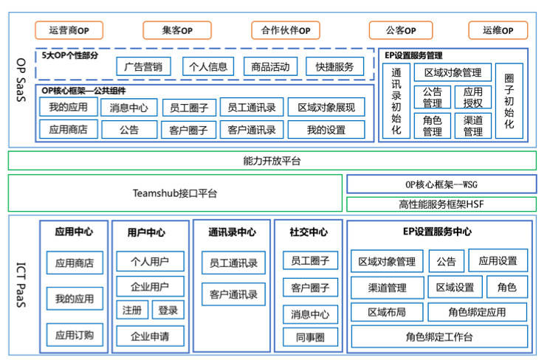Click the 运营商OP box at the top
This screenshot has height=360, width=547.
(69, 30)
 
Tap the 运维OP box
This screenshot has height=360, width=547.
(498, 30)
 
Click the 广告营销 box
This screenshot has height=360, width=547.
(143, 66)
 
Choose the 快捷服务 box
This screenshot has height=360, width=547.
(334, 66)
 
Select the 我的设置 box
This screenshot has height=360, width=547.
(326, 130)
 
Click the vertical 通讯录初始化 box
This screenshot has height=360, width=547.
(396, 102)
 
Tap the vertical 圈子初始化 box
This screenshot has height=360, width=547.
(509, 102)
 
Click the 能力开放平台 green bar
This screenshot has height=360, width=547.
(272, 160)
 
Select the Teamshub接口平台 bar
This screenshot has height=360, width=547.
(175, 193)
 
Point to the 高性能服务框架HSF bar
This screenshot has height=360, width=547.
(441, 204)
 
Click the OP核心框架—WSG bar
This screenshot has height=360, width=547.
(441, 184)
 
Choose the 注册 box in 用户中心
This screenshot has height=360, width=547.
(131, 311)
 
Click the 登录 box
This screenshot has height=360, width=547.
(168, 311)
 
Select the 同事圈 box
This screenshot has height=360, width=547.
(310, 337)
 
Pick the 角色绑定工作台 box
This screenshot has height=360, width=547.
(438, 337)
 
